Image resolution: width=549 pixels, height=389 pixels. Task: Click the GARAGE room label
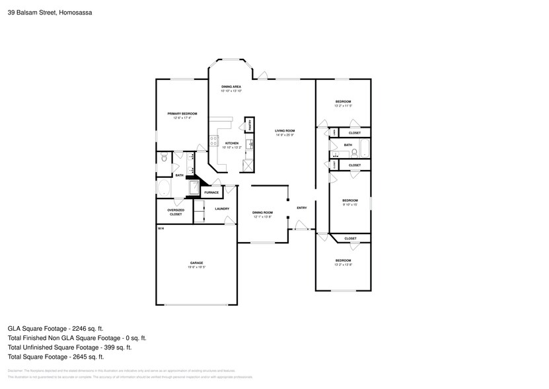pyautogui.click(x=196, y=263)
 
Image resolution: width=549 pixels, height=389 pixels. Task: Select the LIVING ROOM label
pyautogui.click(x=285, y=130)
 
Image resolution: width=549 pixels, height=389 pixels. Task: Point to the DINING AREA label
pyautogui.click(x=231, y=87)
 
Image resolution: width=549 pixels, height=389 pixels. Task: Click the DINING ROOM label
pyautogui.click(x=262, y=212)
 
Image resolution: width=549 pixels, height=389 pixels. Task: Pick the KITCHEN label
pyautogui.click(x=231, y=143)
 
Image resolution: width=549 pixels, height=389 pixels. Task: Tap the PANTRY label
pyautogui.click(x=250, y=126)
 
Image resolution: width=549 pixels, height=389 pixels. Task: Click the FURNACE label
pyautogui.click(x=211, y=193)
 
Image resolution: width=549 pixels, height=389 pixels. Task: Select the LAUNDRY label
pyautogui.click(x=222, y=208)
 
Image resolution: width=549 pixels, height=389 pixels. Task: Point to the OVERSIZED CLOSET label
pyautogui.click(x=175, y=212)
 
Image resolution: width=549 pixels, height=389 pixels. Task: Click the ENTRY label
pyautogui.click(x=301, y=208)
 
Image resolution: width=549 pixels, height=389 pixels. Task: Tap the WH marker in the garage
pyautogui.click(x=161, y=228)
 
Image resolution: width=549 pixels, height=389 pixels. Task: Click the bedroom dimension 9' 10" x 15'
pyautogui.click(x=349, y=204)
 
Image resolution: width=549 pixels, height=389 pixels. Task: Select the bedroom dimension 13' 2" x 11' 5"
pyautogui.click(x=343, y=106)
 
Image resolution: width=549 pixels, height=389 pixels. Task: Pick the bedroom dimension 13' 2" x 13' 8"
pyautogui.click(x=343, y=265)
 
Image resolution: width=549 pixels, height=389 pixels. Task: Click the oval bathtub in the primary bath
pyautogui.click(x=165, y=189)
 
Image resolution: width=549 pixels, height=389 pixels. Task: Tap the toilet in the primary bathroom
pyautogui.click(x=164, y=157)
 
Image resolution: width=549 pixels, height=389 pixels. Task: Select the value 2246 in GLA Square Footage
pyautogui.click(x=78, y=327)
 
